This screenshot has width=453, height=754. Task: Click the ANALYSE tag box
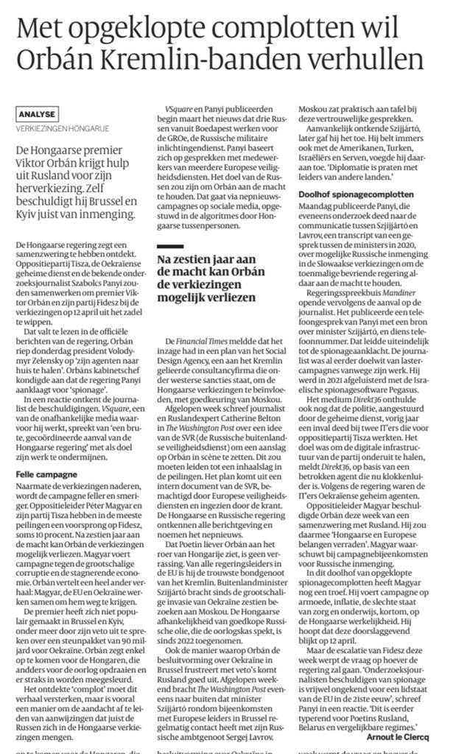(x=36, y=114)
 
